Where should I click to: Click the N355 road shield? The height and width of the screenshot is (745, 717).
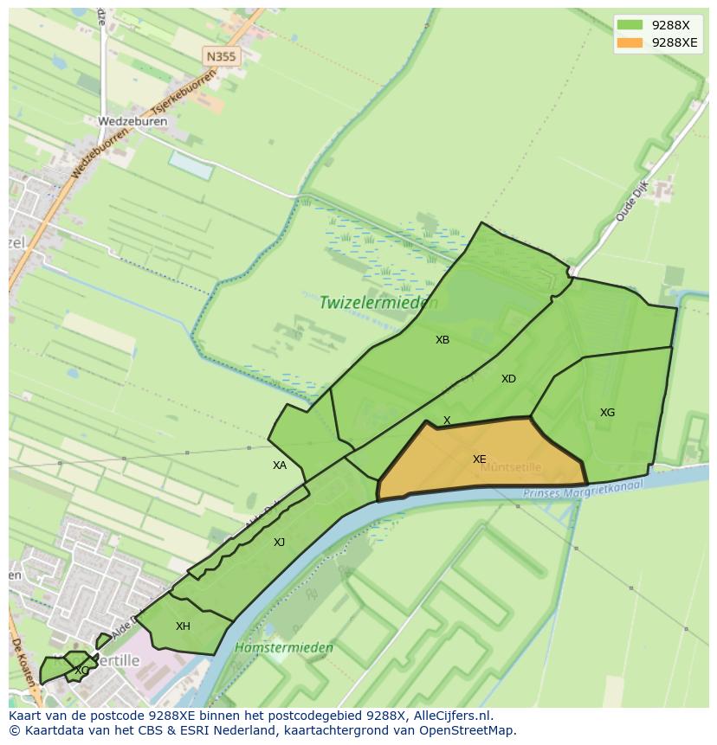click(221, 56)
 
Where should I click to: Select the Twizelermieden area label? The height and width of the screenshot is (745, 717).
click(378, 303)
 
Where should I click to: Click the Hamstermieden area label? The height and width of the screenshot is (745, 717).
click(283, 647)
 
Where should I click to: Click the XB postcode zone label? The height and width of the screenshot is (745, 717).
click(442, 340)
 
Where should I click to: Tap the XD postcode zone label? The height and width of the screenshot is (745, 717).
click(508, 379)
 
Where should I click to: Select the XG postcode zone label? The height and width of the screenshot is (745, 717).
click(607, 413)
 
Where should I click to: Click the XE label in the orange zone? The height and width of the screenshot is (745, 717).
click(479, 459)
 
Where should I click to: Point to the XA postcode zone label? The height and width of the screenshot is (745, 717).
click(279, 466)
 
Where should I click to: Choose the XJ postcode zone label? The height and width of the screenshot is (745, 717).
click(279, 543)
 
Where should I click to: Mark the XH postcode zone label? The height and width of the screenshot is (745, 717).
click(183, 626)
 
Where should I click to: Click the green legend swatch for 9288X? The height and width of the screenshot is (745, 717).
click(630, 25)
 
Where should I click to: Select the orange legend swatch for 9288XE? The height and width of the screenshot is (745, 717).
click(630, 42)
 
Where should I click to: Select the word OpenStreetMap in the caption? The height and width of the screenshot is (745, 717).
click(468, 730)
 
